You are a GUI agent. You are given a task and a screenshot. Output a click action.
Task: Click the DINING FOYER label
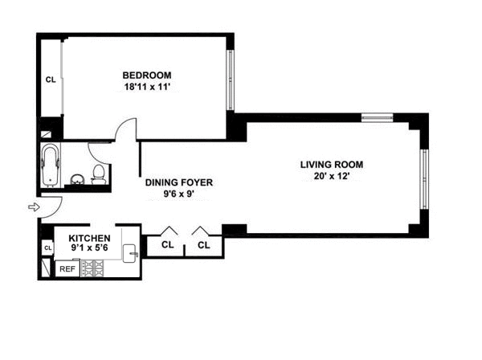pyautogui.click(x=179, y=182)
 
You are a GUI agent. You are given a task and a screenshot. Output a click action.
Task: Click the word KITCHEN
pyautogui.click(x=88, y=239)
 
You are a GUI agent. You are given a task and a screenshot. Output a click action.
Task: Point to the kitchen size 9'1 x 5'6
pyautogui.click(x=88, y=249)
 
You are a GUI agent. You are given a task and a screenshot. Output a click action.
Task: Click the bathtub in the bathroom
pyautogui.click(x=51, y=165)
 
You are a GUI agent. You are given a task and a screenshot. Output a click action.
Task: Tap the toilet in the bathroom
pyautogui.click(x=98, y=174)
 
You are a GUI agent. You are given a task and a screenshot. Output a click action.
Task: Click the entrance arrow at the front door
pyautogui.click(x=33, y=207)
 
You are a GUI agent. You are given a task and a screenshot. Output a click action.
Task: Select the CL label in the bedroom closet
pyautogui.click(x=50, y=80)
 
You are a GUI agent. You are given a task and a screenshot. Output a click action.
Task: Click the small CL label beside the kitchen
pyautogui.click(x=47, y=248)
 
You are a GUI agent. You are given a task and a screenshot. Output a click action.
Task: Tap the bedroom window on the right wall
pyautogui.click(x=231, y=80)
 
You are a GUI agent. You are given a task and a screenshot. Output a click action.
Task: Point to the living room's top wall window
pyautogui.click(x=376, y=118)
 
